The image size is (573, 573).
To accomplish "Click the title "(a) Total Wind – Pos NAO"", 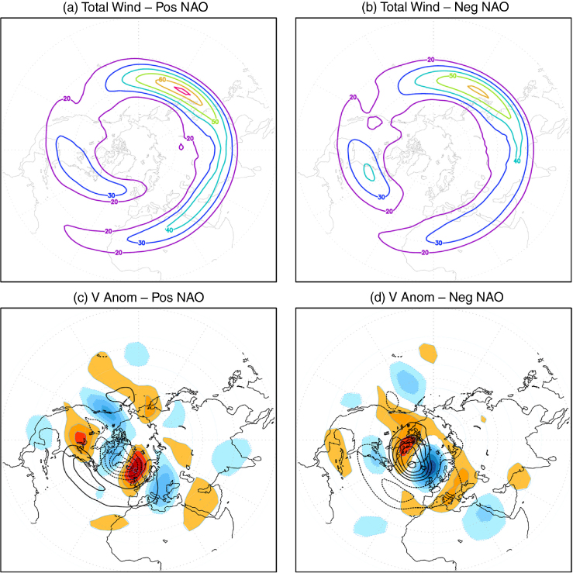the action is coord(136,7).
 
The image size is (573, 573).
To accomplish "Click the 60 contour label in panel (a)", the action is coord(163,80).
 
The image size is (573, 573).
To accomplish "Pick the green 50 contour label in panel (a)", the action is coord(215,121).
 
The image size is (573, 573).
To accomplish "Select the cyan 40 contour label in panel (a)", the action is coord(169,230).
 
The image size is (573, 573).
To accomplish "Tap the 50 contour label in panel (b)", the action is coord(452,76).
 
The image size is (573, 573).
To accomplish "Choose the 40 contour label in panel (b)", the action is coord(516,160).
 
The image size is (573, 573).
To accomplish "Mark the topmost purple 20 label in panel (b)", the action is coord(431,60).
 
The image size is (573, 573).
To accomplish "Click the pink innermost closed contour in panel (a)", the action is coord(182,90).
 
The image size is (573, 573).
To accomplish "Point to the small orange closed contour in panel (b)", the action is coord(478,91).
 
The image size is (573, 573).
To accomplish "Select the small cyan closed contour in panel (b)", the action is coord(369,172).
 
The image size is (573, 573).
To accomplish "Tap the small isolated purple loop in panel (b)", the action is coord(375,122).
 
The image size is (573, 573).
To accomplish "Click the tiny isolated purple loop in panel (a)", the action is coord(181,147).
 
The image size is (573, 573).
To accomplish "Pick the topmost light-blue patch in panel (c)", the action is coord(136,354).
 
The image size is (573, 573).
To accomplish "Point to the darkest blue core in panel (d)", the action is coord(433,467).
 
